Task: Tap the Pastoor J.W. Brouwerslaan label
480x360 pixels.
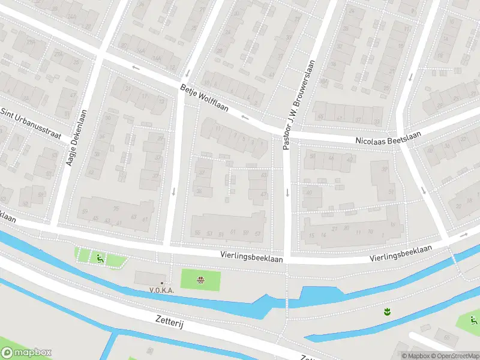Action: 293,106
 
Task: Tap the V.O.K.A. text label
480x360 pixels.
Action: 162,290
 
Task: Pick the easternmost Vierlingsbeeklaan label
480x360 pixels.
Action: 401,253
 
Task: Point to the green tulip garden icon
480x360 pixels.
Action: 387,311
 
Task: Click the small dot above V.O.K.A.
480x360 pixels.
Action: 162,283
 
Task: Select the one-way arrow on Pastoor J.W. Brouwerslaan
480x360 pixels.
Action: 287,193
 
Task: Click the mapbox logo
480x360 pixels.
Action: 26,353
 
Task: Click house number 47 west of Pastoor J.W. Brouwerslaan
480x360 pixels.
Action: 264,194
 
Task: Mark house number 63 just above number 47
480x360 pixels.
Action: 264,175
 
